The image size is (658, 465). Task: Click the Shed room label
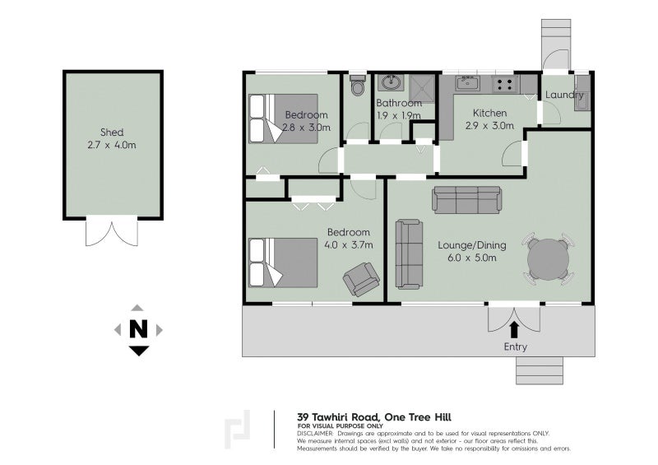(112, 132)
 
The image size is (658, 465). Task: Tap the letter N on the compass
(138, 330)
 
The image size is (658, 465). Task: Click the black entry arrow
(515, 329)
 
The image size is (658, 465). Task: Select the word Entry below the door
(515, 347)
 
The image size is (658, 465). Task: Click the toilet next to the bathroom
(357, 86)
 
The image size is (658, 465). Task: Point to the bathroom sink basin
(390, 83)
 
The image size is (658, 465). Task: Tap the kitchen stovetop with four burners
(504, 83)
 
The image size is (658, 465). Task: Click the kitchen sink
(467, 83)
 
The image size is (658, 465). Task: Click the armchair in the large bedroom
(361, 279)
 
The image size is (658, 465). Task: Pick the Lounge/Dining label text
(472, 245)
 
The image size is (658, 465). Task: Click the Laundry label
(566, 95)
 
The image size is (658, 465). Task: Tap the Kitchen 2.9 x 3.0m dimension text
(489, 126)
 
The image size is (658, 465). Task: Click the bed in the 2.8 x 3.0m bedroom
(283, 119)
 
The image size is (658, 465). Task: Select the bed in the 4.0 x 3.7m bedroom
(283, 263)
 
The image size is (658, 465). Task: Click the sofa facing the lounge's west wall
(408, 253)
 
